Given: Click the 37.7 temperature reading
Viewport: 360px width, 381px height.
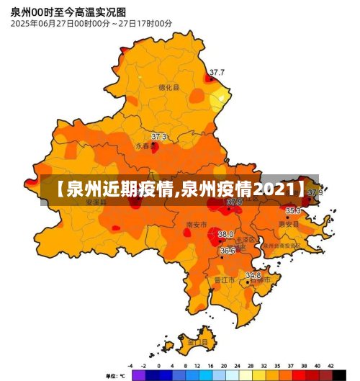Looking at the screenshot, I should [x=217, y=72].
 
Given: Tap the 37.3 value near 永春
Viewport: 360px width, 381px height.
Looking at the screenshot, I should [x=159, y=136].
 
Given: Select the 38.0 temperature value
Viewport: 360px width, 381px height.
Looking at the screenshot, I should [x=226, y=234].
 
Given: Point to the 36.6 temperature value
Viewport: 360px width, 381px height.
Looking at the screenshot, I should [x=228, y=251].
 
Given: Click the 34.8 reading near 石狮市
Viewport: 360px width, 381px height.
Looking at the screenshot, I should [x=253, y=275].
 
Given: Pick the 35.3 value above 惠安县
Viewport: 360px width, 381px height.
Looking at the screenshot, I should [x=293, y=210].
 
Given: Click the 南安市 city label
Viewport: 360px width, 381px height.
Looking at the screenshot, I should [x=196, y=224].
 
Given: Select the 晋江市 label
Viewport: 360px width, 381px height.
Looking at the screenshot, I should [x=224, y=280].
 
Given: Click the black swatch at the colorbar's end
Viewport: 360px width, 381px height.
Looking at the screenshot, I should [x=339, y=375].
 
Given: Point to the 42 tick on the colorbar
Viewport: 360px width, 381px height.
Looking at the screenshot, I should [x=332, y=366].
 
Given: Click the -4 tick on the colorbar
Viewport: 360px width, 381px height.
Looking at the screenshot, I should [x=130, y=366].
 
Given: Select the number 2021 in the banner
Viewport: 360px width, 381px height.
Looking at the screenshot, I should [x=274, y=190].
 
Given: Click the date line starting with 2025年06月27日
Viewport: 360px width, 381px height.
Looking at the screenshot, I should [x=91, y=24].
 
